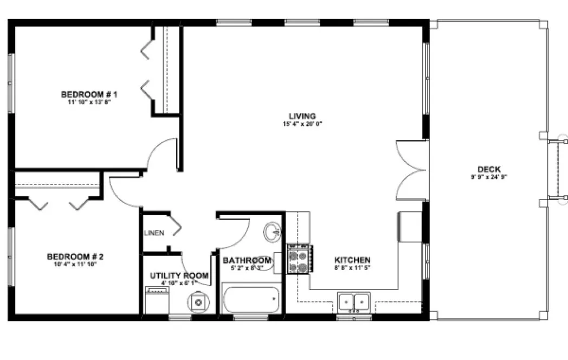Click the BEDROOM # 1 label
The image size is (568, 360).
[89, 93]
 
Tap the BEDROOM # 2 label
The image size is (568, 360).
[75, 256]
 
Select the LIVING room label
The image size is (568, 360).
[302, 115]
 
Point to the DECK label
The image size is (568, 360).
[489, 169]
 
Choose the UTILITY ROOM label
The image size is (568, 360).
[179, 275]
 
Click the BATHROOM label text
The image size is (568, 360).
[247, 261]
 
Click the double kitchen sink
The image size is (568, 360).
[354, 300]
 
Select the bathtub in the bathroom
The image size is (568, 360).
[251, 300]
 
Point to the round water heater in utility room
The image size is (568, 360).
[198, 302]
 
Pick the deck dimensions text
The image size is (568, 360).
[489, 177]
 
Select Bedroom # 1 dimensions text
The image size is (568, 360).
[89, 101]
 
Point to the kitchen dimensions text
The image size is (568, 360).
[352, 267]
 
